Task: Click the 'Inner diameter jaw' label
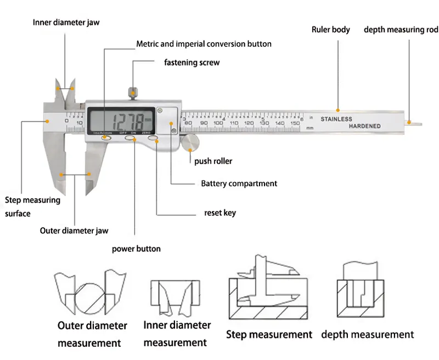point(66,22)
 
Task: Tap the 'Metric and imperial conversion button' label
point(204,43)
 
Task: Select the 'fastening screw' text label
point(192,63)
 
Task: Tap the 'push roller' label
point(213,161)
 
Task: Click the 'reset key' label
point(220,212)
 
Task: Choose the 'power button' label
point(136,249)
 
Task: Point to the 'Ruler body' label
point(330,30)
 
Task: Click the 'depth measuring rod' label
point(401,30)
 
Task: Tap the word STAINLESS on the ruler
point(336,119)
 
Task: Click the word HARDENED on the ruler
point(364,126)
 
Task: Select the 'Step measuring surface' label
point(32,206)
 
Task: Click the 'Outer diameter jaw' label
point(74,230)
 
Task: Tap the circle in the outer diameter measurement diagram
point(88,296)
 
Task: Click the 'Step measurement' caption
point(269,334)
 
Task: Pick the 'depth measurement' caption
point(367,334)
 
